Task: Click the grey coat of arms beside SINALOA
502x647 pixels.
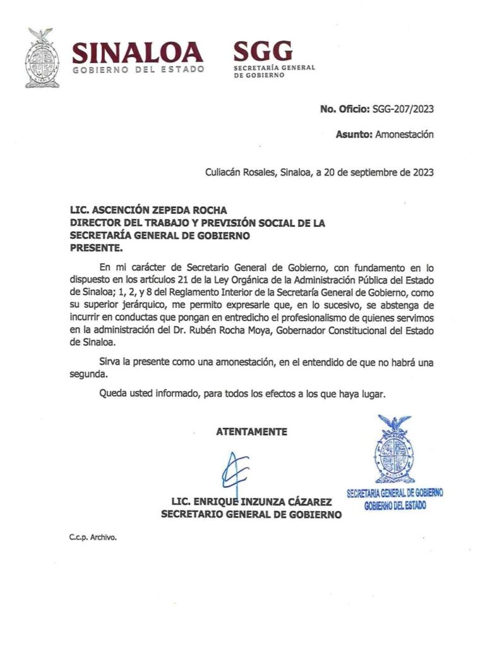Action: tap(42, 57)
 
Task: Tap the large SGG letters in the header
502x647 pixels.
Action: tap(263, 51)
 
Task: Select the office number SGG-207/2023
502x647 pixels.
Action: tap(403, 109)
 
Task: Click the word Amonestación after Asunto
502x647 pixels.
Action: tap(405, 134)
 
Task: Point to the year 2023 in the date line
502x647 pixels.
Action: tap(421, 171)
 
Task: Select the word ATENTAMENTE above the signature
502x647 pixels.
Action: tap(251, 432)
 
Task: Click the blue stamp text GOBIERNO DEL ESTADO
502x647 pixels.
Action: tap(395, 505)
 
